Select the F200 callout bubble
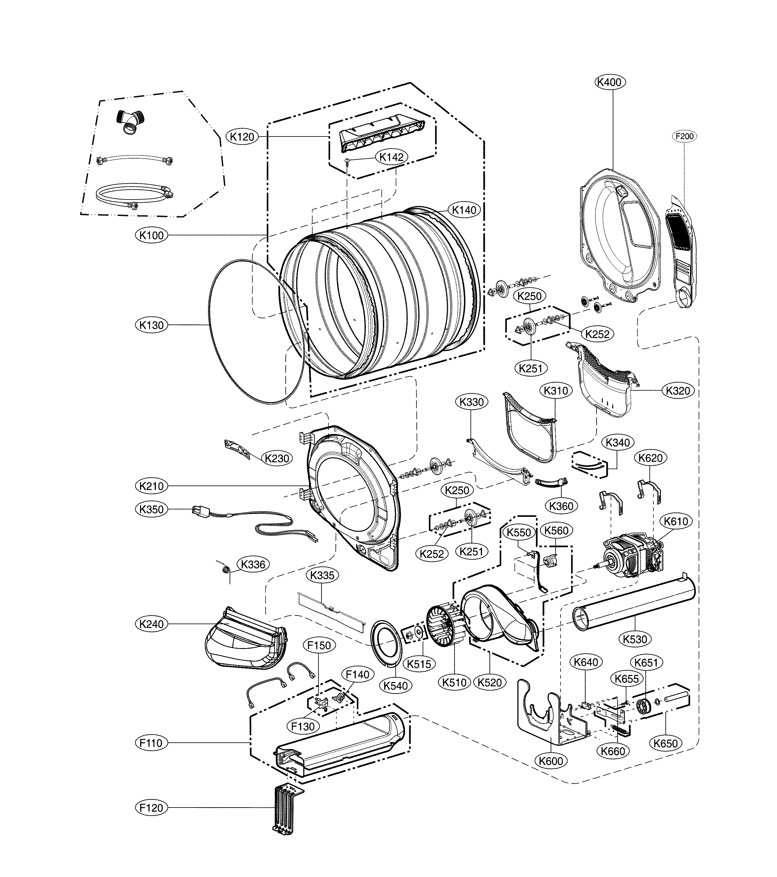click(x=684, y=136)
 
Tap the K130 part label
click(x=152, y=325)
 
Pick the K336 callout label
click(x=253, y=564)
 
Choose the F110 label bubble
click(x=151, y=743)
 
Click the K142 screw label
click(x=391, y=157)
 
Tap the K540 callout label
click(x=396, y=686)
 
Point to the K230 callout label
click(x=277, y=458)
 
